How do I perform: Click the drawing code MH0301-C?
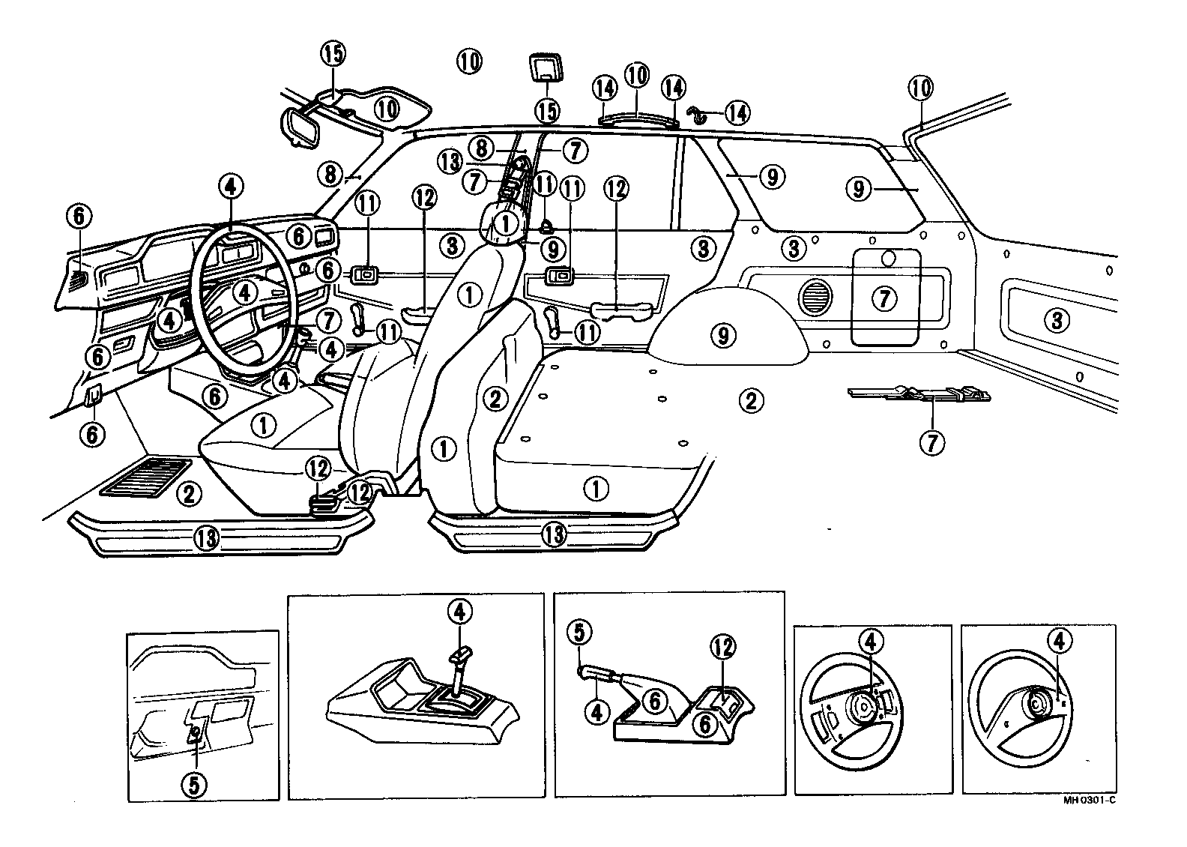pyautogui.click(x=1089, y=800)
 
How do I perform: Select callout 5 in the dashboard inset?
pyautogui.click(x=193, y=785)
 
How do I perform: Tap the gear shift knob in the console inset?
pyautogui.click(x=459, y=653)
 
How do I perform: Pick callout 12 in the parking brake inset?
pyautogui.click(x=722, y=647)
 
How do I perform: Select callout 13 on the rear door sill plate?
pyautogui.click(x=553, y=534)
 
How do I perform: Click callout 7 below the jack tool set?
pyautogui.click(x=932, y=442)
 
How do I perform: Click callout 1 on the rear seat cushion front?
pyautogui.click(x=596, y=489)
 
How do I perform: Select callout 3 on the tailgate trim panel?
pyautogui.click(x=1056, y=321)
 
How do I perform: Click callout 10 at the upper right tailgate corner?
pyautogui.click(x=921, y=88)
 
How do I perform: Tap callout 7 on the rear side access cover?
pyautogui.click(x=885, y=298)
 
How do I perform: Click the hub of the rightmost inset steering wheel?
pyautogui.click(x=1037, y=705)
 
